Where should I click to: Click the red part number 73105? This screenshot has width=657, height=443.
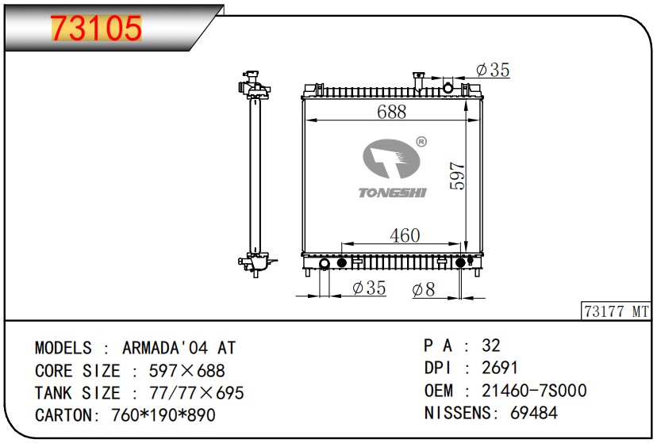point(96,28)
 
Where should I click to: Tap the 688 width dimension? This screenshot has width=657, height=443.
point(391,112)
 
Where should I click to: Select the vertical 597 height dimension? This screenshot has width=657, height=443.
point(458,176)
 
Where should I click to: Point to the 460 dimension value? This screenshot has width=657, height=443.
point(405,235)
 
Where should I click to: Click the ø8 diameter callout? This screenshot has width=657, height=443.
point(424,289)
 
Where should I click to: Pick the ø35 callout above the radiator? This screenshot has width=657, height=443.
point(494,70)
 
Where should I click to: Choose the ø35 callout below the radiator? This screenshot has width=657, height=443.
point(369,288)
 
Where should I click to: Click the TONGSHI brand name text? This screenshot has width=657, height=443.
point(392,193)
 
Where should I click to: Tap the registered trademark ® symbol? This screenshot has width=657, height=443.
point(421,142)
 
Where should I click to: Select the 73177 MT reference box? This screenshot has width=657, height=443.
point(616,311)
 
